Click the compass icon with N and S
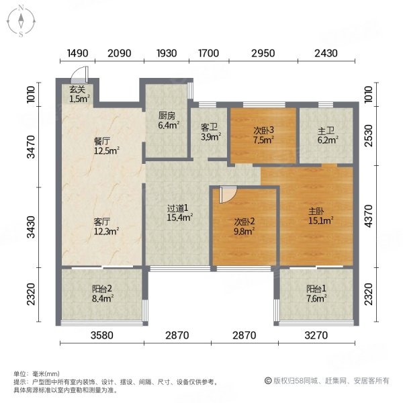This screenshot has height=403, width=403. point(21,21)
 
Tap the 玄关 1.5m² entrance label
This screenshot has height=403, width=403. point(80,95)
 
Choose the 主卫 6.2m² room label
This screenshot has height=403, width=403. point(328,135)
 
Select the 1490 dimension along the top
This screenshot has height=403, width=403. point(78,53)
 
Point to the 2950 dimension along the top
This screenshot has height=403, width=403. point(263,53)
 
